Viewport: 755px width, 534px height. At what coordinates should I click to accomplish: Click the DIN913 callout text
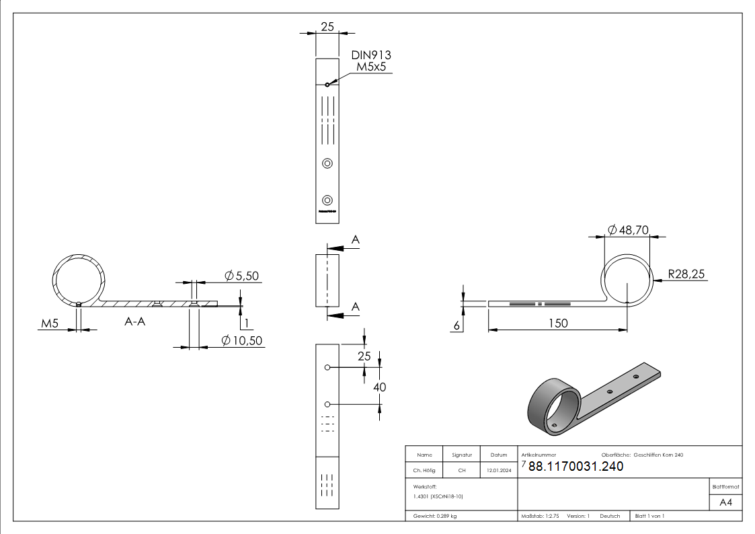370,55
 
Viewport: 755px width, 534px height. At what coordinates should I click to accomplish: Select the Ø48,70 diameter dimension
628,230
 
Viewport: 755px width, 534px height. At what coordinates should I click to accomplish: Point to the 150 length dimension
557,323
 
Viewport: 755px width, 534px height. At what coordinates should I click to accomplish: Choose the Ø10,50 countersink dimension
242,341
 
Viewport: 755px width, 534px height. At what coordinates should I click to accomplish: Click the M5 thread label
50,324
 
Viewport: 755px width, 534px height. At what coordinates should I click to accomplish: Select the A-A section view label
135,322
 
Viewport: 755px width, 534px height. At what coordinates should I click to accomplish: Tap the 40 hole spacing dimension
380,387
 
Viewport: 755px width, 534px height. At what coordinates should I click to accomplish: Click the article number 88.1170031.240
575,467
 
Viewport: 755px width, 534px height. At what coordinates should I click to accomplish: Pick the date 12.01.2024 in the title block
498,471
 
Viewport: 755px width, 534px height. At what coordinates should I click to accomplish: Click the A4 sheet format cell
726,502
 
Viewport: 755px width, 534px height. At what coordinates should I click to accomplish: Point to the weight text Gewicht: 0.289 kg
436,516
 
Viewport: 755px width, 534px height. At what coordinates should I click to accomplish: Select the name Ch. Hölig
425,471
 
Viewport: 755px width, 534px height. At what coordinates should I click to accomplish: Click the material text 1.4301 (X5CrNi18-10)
438,496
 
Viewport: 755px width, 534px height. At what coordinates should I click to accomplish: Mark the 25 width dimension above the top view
327,27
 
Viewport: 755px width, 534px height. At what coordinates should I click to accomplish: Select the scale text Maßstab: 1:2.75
540,516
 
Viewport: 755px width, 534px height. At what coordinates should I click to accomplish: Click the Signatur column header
461,455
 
